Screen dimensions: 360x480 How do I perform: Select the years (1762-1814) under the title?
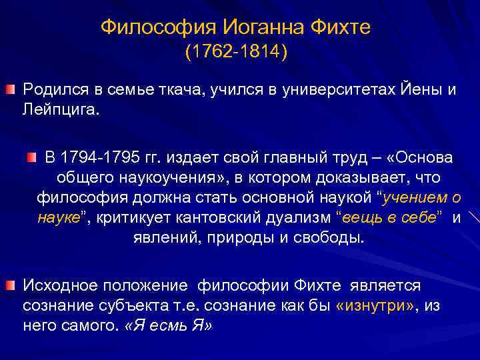tap(236, 52)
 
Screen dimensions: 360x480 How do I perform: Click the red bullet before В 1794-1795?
tap(33, 157)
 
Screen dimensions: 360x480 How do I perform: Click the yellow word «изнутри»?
tap(369, 306)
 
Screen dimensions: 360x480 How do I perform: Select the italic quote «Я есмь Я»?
tap(168, 326)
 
